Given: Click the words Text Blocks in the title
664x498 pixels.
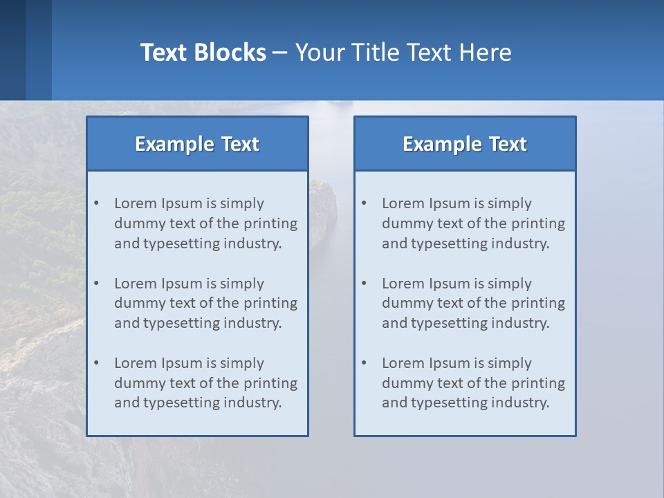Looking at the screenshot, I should click(x=203, y=53).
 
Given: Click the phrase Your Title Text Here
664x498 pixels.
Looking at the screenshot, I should click(x=403, y=53).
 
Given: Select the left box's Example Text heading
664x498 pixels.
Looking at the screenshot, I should click(x=197, y=144).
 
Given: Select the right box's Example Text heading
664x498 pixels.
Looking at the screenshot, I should click(x=465, y=144).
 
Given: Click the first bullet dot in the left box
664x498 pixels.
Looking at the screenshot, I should click(x=97, y=203).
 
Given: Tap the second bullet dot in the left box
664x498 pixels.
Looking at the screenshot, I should click(x=97, y=284).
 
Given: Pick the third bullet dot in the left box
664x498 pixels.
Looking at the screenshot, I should click(x=97, y=363).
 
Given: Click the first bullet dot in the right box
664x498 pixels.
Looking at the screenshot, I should click(x=365, y=203).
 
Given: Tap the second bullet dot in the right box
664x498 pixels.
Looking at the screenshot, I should click(x=365, y=284).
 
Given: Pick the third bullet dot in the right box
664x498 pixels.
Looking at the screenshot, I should click(x=365, y=363).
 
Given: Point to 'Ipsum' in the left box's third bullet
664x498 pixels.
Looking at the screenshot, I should click(x=182, y=363).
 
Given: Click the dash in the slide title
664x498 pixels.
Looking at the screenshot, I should click(x=281, y=53).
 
